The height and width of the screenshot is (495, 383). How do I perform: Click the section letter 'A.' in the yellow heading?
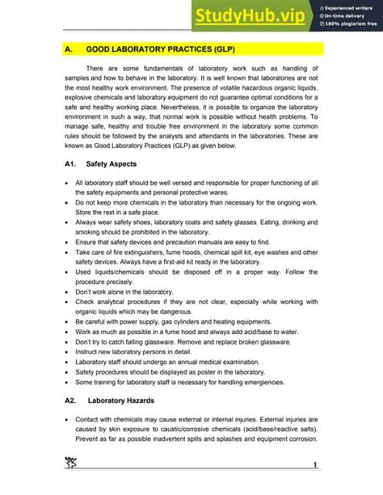(x=68, y=49)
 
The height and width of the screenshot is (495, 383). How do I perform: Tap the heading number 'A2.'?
(x=69, y=400)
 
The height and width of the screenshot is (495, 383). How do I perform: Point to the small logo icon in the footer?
(x=69, y=462)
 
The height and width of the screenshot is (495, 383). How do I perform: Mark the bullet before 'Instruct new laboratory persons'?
(x=65, y=353)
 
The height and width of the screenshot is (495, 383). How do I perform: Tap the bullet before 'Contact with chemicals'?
(x=65, y=421)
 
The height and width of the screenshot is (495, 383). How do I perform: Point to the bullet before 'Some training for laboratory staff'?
(x=65, y=382)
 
